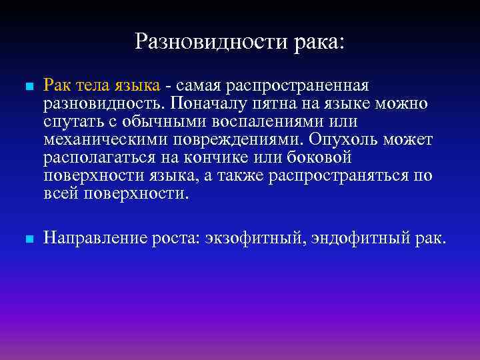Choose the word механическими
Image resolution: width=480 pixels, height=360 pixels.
tap(99, 139)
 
